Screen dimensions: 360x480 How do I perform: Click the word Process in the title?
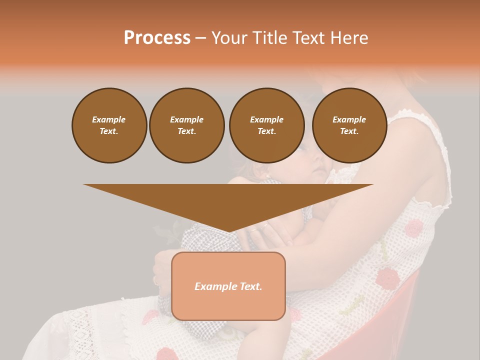pos(157,38)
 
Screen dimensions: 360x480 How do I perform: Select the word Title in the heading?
pos(270,38)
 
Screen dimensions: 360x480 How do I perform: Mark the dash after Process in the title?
pos(200,38)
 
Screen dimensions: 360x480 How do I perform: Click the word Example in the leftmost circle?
pos(109,119)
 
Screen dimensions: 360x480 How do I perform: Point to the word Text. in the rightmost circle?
pos(349,131)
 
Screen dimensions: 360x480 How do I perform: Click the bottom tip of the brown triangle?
pos(228,231)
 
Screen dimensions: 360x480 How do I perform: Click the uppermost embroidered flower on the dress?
pos(413,228)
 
